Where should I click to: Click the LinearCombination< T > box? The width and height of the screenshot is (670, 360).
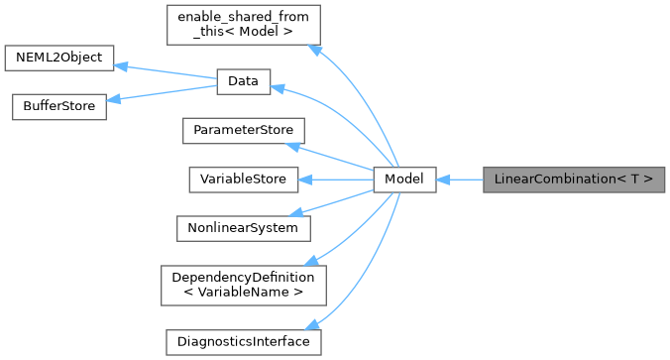(x=573, y=180)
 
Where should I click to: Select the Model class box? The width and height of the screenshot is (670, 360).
(x=404, y=180)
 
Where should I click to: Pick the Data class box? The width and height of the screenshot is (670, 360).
(x=243, y=83)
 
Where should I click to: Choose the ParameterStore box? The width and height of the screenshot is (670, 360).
(x=243, y=131)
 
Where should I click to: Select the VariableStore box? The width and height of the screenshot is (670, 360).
(x=243, y=180)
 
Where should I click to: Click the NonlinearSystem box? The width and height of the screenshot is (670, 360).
(x=243, y=227)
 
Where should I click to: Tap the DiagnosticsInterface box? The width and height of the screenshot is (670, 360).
(x=243, y=342)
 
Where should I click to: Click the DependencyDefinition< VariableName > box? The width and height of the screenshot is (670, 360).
(x=243, y=285)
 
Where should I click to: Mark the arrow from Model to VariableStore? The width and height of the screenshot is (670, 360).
(x=337, y=180)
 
